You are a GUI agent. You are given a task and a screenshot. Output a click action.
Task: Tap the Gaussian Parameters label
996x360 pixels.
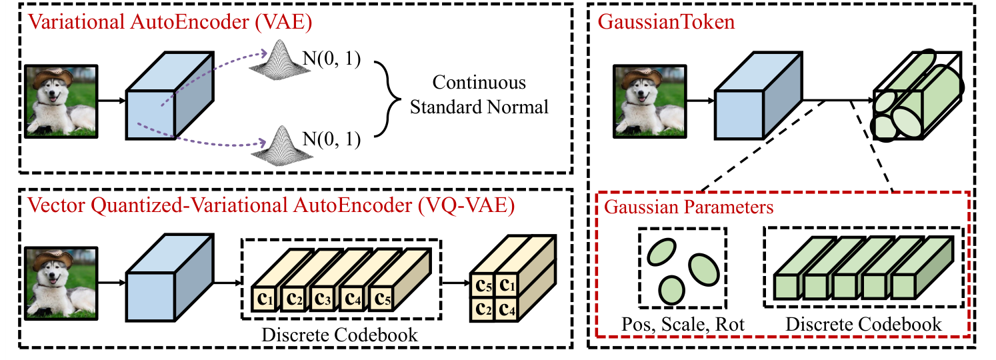(689, 206)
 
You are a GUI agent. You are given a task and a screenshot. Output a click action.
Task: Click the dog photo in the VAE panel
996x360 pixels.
(61, 101)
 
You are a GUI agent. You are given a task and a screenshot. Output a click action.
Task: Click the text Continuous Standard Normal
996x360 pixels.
(479, 95)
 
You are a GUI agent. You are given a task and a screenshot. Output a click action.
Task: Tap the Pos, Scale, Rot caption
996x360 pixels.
(682, 325)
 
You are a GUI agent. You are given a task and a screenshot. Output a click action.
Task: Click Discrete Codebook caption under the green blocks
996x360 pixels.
(863, 325)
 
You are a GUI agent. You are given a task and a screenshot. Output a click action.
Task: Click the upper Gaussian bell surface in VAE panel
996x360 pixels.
(281, 58)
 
